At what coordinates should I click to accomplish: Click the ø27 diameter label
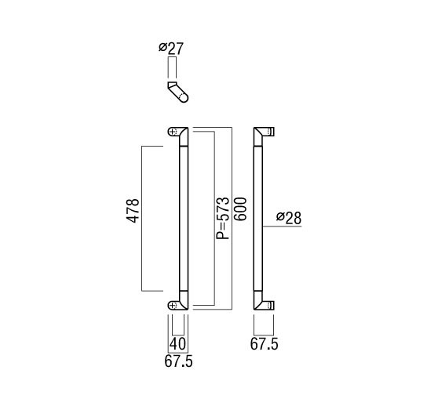(x=171, y=49)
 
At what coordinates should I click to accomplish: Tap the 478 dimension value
(x=133, y=211)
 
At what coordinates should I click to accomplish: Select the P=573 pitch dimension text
(x=223, y=218)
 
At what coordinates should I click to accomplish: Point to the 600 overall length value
(x=240, y=209)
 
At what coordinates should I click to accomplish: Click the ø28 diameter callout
(x=289, y=218)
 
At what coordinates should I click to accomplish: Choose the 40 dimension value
(x=177, y=344)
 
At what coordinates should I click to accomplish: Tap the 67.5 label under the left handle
(x=178, y=361)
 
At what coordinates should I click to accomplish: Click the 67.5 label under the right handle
(x=265, y=344)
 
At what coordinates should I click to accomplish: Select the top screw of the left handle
(x=172, y=132)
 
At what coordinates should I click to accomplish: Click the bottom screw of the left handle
(x=172, y=306)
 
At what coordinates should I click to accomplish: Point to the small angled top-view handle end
(x=177, y=92)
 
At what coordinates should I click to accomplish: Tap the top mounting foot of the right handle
(x=271, y=132)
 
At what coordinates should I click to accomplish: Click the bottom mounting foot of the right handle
(x=271, y=305)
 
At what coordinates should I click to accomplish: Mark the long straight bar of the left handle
(x=184, y=219)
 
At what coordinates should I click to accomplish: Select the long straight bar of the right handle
(x=258, y=219)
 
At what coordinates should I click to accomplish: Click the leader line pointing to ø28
(x=282, y=226)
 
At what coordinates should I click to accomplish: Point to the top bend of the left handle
(x=182, y=136)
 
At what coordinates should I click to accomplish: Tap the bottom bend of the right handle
(x=261, y=300)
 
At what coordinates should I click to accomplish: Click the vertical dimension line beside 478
(x=142, y=219)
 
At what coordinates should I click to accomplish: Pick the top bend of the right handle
(x=261, y=136)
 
